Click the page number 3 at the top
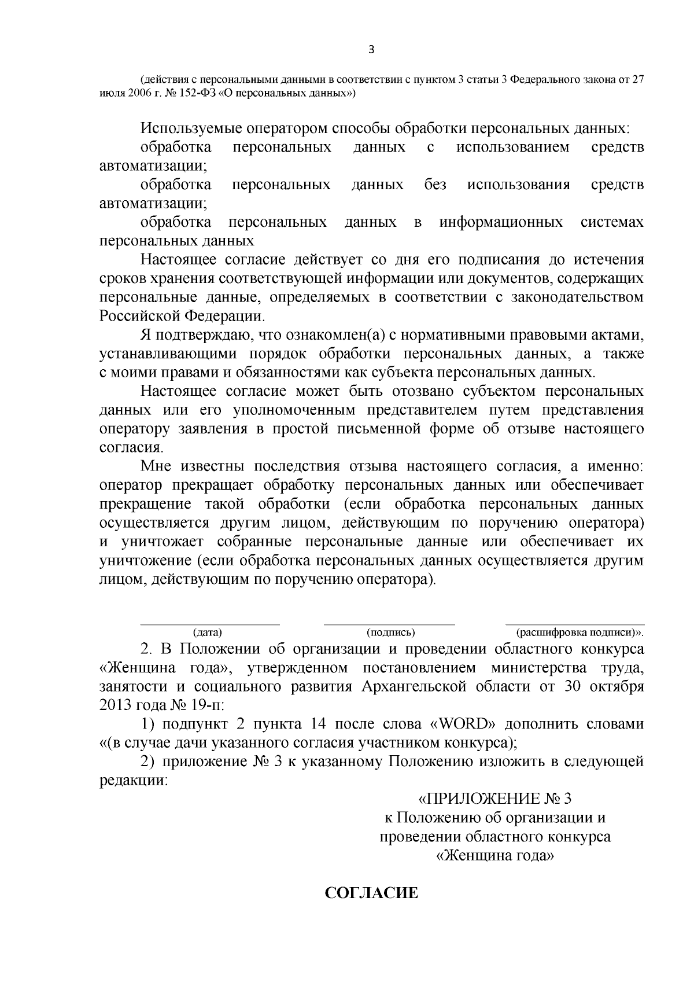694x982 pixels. click(x=371, y=50)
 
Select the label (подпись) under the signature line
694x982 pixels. click(x=391, y=632)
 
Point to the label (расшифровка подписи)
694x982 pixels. click(x=579, y=632)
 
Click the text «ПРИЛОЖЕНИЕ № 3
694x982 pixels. click(x=494, y=799)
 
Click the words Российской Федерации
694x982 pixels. click(x=182, y=316)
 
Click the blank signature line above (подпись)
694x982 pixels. click(x=389, y=624)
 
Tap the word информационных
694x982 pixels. click(x=501, y=222)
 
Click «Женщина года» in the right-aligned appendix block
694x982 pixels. click(x=494, y=855)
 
